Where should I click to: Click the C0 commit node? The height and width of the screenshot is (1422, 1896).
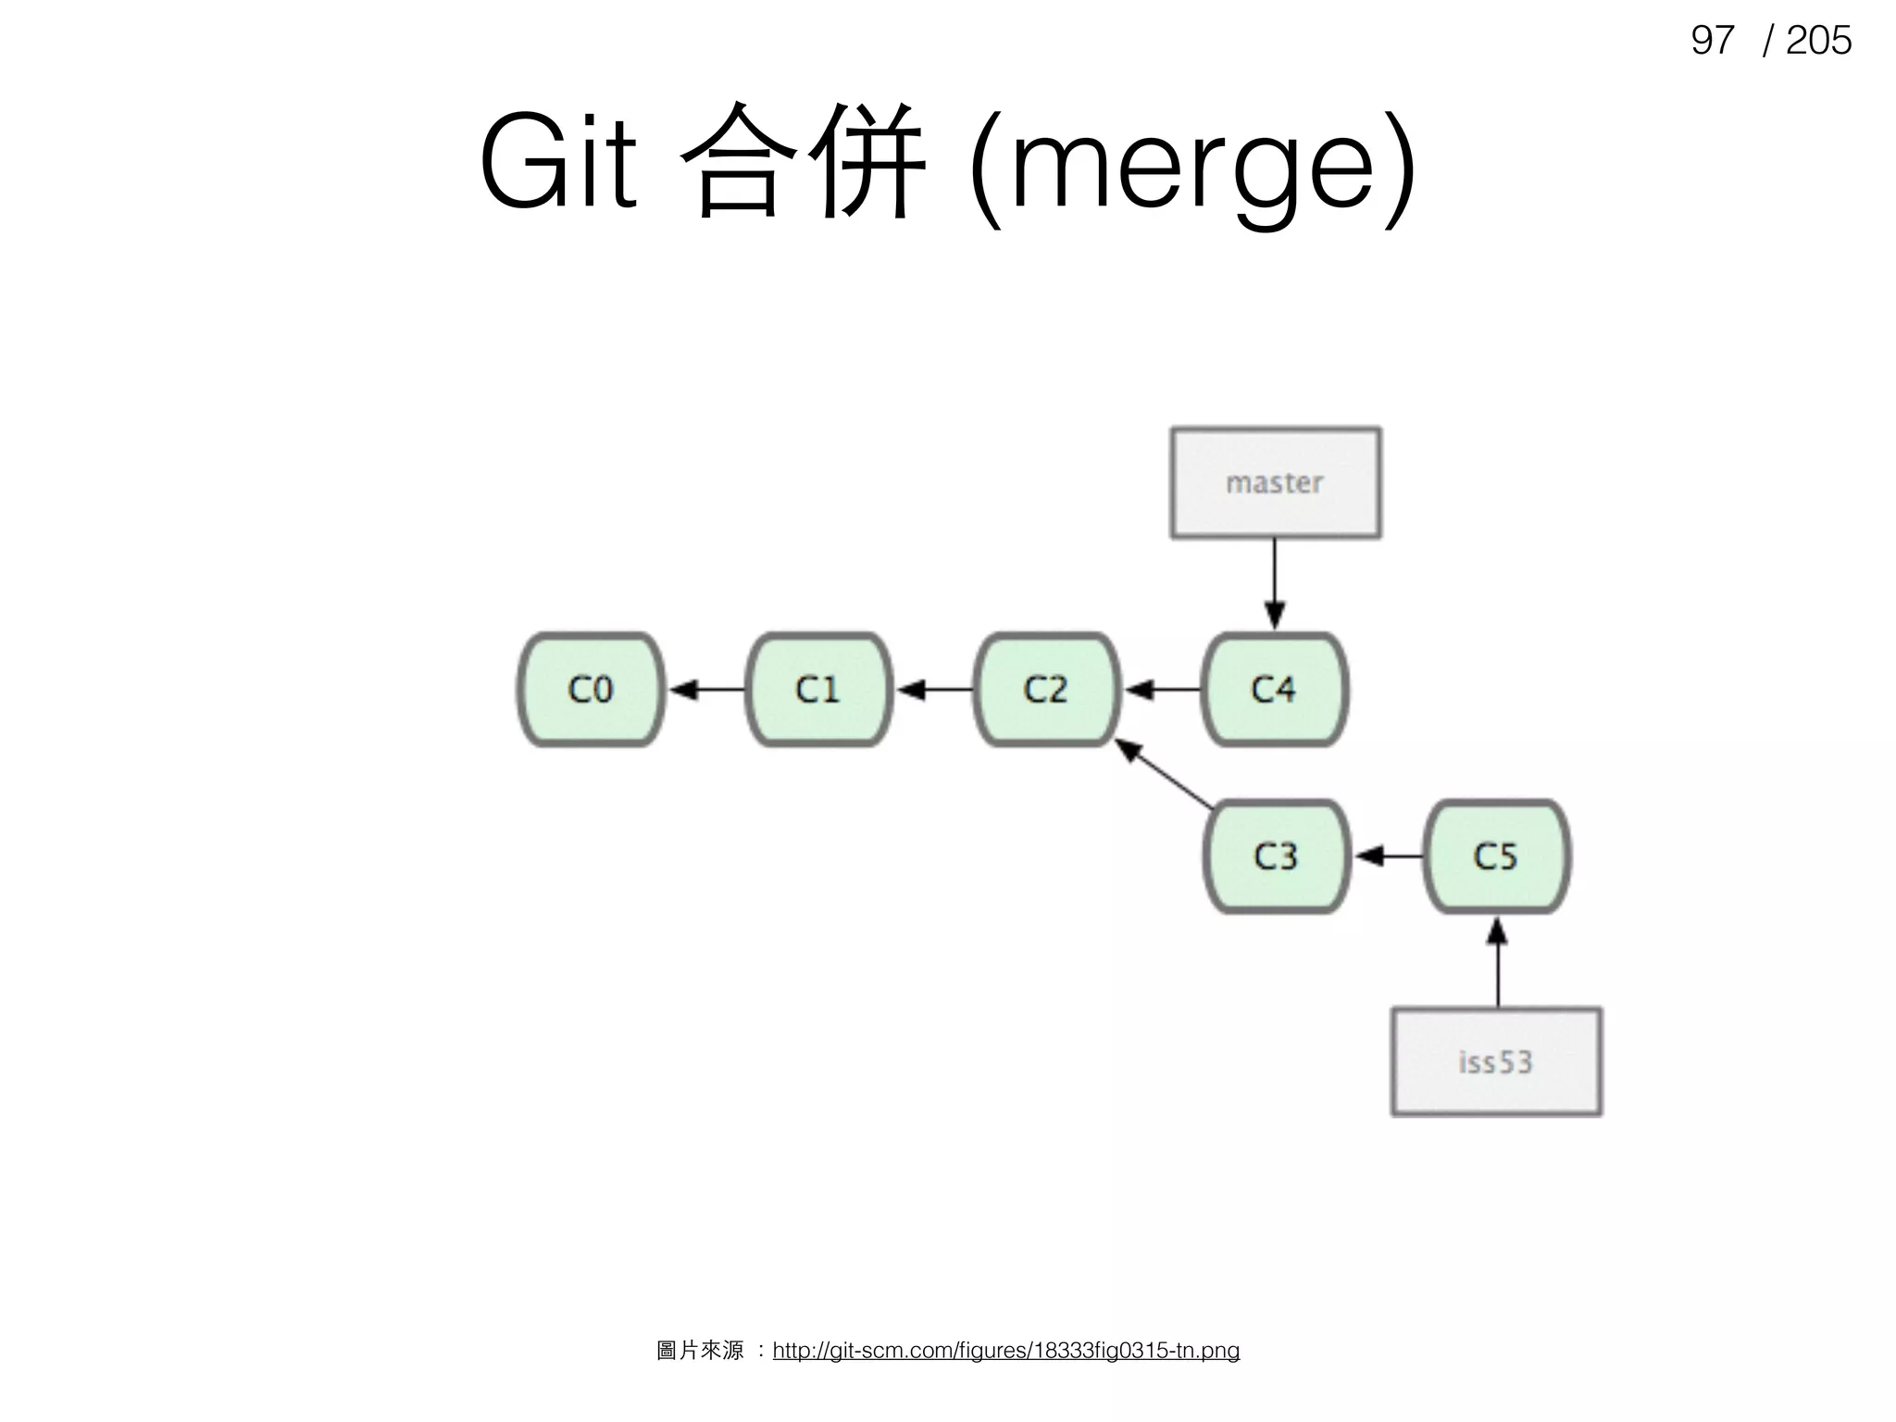(x=591, y=690)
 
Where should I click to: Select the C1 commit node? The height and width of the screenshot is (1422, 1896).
(x=818, y=690)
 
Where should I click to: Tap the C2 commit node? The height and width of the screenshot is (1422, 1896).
(x=1046, y=690)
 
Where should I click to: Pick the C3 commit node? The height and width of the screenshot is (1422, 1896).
(x=1276, y=856)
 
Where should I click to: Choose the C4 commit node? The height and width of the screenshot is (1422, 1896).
(x=1274, y=690)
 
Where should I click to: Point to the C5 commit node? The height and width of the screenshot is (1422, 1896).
(x=1496, y=856)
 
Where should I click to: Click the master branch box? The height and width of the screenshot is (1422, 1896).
(x=1275, y=482)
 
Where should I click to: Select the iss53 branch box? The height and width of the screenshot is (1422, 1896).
(x=1496, y=1062)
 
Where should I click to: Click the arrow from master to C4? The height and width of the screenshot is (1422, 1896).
(x=1275, y=583)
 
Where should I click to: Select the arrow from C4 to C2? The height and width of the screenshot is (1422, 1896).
(x=1163, y=690)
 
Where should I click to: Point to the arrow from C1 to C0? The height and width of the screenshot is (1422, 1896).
(x=706, y=690)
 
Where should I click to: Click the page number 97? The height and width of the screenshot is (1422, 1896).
(x=1711, y=41)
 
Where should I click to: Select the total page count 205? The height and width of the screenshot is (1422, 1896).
(x=1817, y=41)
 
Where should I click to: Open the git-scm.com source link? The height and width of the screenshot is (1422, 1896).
(x=1005, y=1351)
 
